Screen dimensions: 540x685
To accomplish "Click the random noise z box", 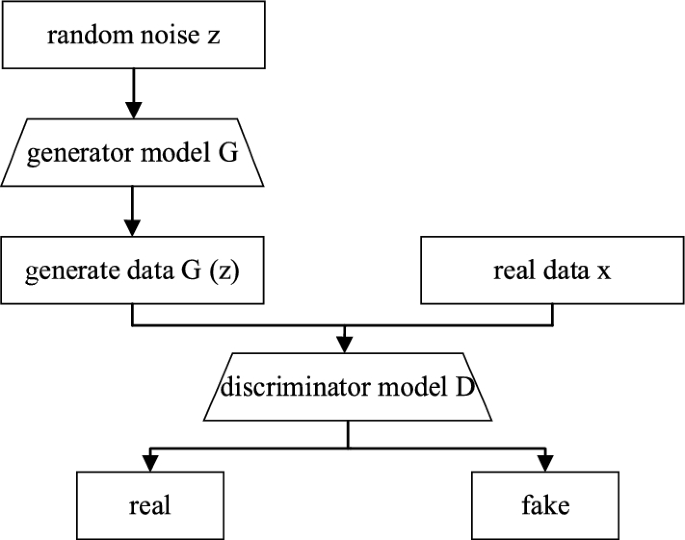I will (x=133, y=38).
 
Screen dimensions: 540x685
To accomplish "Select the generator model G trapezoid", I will (x=133, y=154).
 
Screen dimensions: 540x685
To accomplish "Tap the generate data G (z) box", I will (x=133, y=270).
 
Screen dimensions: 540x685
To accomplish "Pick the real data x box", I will (x=551, y=270).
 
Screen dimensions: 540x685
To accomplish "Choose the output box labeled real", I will (x=150, y=504).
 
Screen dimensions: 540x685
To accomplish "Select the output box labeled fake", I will (x=545, y=504).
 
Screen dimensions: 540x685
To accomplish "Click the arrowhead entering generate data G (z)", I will (x=133, y=229).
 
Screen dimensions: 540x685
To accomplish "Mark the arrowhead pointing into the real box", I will (x=150, y=463).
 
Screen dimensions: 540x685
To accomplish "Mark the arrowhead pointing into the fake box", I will (x=545, y=463).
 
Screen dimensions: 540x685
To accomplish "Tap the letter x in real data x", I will (x=603, y=271).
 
